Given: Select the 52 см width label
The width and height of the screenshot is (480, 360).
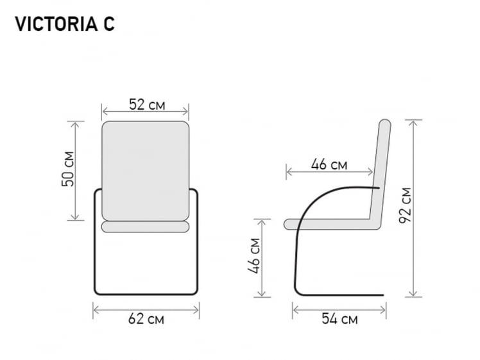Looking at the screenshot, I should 146,105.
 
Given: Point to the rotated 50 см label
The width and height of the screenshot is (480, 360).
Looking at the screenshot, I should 67,169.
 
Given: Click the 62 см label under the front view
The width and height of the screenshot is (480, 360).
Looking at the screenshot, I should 146,319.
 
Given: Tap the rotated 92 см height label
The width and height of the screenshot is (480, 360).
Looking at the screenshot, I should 405,205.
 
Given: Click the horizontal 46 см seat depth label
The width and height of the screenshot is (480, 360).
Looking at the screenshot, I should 329,165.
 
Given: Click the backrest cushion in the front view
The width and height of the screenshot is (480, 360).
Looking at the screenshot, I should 145,170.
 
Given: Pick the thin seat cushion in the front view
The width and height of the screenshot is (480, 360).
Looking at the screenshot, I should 145,227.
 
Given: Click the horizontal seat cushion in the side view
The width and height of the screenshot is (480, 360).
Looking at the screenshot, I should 327,224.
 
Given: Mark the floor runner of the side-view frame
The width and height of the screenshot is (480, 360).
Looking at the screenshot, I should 340,295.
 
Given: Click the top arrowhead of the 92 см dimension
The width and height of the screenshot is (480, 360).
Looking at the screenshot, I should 414,122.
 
